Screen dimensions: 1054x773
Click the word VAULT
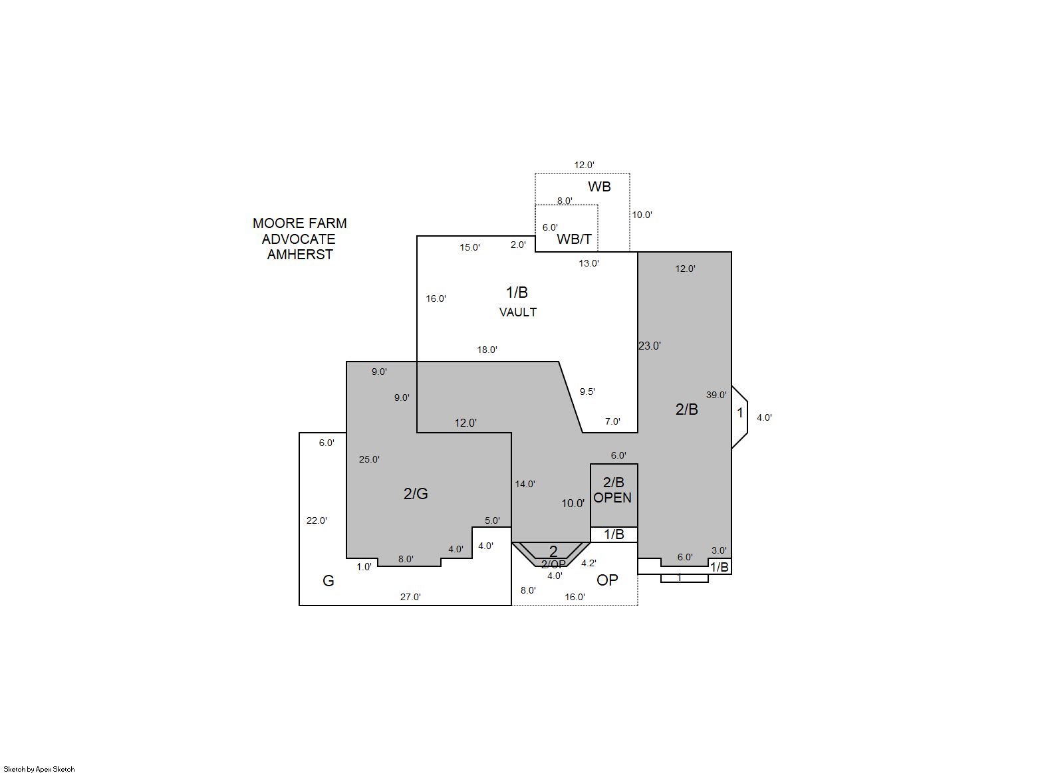click(x=517, y=312)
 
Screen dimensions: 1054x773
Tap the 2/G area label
click(x=416, y=493)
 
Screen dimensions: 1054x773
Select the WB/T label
click(x=574, y=239)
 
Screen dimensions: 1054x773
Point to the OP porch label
click(x=607, y=580)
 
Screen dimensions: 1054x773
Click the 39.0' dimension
click(x=716, y=395)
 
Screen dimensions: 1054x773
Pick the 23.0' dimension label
click(x=649, y=346)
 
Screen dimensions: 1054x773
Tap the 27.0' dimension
click(x=410, y=597)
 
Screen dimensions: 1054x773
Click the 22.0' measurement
click(x=317, y=520)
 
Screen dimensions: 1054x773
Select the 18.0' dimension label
click(x=487, y=350)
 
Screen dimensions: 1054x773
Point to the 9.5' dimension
click(x=587, y=391)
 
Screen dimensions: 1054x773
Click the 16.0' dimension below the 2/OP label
click(x=575, y=597)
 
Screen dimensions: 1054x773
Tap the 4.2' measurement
click(x=589, y=563)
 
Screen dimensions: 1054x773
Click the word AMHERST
click(x=300, y=255)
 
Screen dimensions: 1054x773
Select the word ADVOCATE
click(x=299, y=239)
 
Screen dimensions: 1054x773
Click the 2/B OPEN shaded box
click(x=614, y=496)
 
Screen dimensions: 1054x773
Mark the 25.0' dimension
click(x=369, y=460)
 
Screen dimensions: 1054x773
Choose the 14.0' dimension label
click(x=525, y=485)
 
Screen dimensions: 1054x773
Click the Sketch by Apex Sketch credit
click(x=39, y=769)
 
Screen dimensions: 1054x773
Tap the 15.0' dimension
click(x=469, y=248)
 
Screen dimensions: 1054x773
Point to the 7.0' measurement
click(x=612, y=422)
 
